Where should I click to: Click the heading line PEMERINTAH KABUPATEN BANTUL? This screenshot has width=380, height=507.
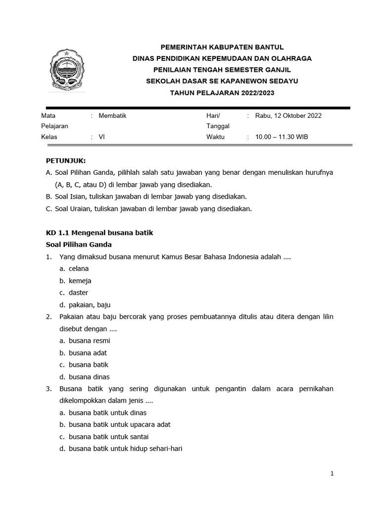(x=222, y=47)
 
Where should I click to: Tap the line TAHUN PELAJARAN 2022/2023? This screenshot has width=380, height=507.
(x=222, y=93)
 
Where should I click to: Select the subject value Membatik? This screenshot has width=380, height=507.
(x=113, y=116)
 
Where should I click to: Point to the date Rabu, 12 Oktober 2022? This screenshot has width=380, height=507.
(x=288, y=116)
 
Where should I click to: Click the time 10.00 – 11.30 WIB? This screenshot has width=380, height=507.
(x=281, y=137)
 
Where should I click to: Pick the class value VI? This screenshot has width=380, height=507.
(x=102, y=137)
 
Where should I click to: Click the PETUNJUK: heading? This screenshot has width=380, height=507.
(x=66, y=161)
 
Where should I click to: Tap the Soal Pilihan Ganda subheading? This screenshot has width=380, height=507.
(x=79, y=245)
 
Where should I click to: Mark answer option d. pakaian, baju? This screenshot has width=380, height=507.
(x=85, y=305)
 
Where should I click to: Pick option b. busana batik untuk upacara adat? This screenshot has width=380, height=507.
(x=115, y=425)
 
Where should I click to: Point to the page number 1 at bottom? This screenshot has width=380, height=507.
(x=332, y=474)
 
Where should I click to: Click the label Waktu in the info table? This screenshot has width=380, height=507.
(x=215, y=137)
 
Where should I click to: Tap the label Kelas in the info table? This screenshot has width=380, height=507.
(x=49, y=137)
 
